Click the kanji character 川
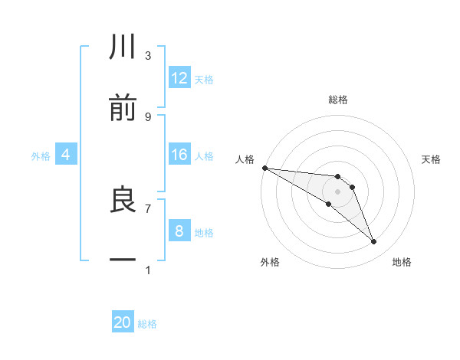(x=123, y=47)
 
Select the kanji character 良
(x=123, y=200)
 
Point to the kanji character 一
(x=123, y=260)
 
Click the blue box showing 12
(x=179, y=78)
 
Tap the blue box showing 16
(x=179, y=155)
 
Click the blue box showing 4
(x=65, y=155)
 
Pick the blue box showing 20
(x=123, y=322)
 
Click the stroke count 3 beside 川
(x=148, y=56)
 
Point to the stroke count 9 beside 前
(x=148, y=116)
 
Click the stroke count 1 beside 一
(x=148, y=270)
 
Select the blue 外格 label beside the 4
(x=41, y=155)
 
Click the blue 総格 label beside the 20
(x=147, y=324)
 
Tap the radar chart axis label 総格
(x=338, y=100)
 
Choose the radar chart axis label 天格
(x=432, y=159)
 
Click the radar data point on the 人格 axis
(x=264, y=168)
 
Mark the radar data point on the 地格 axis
(x=374, y=242)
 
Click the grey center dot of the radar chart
(x=337, y=191)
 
